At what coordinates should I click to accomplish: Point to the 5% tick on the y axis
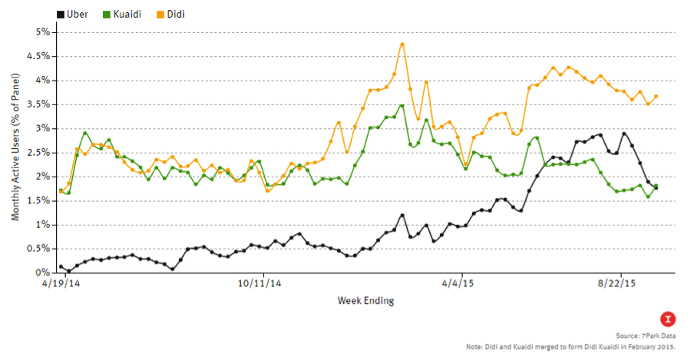[x=41, y=31]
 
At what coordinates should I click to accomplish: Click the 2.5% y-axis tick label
[x=38, y=152]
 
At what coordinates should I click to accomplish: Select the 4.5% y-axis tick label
[x=38, y=56]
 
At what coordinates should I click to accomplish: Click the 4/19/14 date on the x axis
[x=61, y=283]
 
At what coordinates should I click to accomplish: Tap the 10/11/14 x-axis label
[x=263, y=283]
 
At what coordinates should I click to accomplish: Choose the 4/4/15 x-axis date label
[x=462, y=283]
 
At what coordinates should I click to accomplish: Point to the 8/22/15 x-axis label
[x=621, y=283]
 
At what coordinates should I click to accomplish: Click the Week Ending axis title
[x=365, y=300]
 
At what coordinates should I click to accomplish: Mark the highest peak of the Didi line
[x=402, y=44]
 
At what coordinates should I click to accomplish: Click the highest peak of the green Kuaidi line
[x=402, y=105]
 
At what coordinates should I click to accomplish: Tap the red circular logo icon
[x=668, y=319]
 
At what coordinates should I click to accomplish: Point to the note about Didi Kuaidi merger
[x=573, y=347]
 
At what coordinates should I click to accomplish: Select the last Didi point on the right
[x=656, y=97]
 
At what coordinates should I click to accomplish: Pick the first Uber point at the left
[x=61, y=266]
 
